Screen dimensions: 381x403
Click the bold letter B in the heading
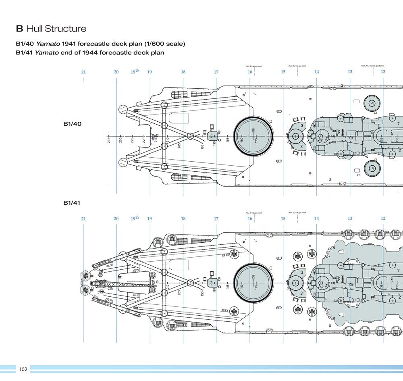point(19,29)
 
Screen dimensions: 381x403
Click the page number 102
point(23,369)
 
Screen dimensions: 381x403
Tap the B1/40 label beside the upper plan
point(72,124)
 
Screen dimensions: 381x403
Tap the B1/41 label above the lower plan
point(72,203)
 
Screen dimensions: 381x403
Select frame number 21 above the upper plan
point(83,72)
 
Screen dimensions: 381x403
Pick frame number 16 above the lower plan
point(250,219)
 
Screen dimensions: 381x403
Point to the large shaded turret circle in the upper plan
point(253,136)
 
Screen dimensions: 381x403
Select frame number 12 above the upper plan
point(383,72)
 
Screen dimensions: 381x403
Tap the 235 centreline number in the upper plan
point(109,140)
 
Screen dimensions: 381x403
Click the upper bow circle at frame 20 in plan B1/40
point(123,109)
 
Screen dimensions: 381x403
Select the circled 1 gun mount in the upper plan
point(372,103)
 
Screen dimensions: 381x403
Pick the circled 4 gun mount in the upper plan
point(372,168)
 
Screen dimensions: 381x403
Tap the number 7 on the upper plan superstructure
point(399,124)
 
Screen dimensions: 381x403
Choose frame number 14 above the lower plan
point(317,219)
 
